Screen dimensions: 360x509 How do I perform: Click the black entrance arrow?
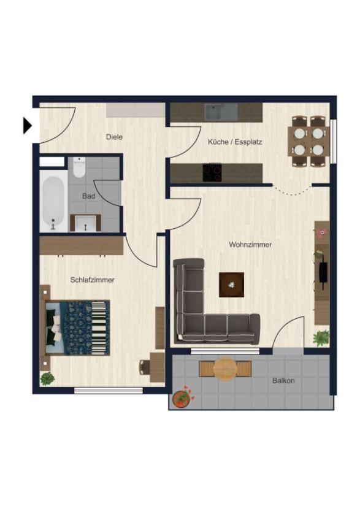(27, 125)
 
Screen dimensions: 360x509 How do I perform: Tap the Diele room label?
(114, 137)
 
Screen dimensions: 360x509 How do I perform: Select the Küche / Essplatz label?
(235, 142)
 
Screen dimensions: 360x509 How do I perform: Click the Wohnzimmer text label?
(250, 245)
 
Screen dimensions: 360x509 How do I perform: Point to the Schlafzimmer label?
(92, 280)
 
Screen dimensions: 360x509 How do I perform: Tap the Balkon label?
(283, 380)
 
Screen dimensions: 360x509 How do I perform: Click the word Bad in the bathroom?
(89, 196)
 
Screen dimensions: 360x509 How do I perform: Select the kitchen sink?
(221, 112)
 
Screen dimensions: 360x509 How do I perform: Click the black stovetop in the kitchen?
(213, 172)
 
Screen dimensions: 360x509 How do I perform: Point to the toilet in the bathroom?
(79, 167)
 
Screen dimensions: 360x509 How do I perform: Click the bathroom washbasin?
(86, 223)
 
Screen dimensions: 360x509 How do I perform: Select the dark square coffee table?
(231, 285)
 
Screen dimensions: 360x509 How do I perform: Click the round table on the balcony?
(225, 369)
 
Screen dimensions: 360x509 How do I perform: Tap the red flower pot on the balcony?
(181, 398)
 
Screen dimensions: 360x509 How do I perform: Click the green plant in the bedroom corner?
(47, 378)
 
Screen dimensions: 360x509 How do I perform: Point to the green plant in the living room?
(321, 338)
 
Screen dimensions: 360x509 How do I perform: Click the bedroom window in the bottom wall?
(109, 391)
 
